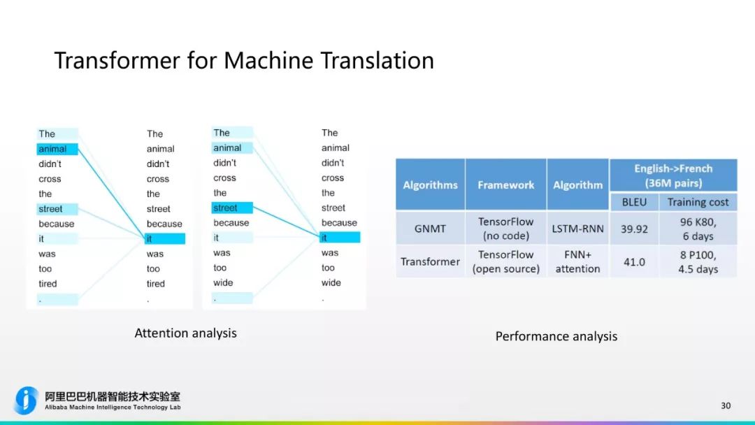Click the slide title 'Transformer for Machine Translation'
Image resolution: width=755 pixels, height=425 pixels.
[x=244, y=61]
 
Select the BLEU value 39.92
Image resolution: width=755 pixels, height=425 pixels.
[x=634, y=229]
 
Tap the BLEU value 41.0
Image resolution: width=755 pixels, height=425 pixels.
[x=634, y=262]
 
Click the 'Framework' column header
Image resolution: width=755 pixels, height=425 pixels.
[x=505, y=185]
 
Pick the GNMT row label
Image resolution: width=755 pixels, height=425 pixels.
[x=430, y=229]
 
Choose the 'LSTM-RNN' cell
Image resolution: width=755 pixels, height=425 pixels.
[x=577, y=229]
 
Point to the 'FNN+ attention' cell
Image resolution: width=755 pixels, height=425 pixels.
[x=577, y=261]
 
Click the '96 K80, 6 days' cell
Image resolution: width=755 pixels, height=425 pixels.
[x=698, y=229]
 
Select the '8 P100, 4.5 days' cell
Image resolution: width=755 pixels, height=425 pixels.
[x=698, y=261]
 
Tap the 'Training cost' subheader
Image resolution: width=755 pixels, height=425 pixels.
[x=698, y=202]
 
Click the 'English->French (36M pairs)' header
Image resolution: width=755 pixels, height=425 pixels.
[x=673, y=175]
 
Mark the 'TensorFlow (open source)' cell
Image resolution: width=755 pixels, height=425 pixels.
[x=505, y=261]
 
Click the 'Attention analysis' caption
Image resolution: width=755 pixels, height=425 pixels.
[x=185, y=333]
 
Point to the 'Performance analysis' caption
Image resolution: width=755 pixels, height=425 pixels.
[x=556, y=336]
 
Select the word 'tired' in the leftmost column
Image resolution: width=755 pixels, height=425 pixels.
[x=48, y=284]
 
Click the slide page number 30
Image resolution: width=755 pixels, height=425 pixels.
[x=726, y=405]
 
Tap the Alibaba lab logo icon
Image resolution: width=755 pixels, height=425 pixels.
[x=27, y=400]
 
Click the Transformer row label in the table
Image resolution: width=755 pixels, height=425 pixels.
[x=430, y=262]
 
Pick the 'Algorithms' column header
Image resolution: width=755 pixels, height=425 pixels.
[x=430, y=185]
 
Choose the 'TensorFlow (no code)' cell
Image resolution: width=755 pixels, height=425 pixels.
[x=505, y=229]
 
